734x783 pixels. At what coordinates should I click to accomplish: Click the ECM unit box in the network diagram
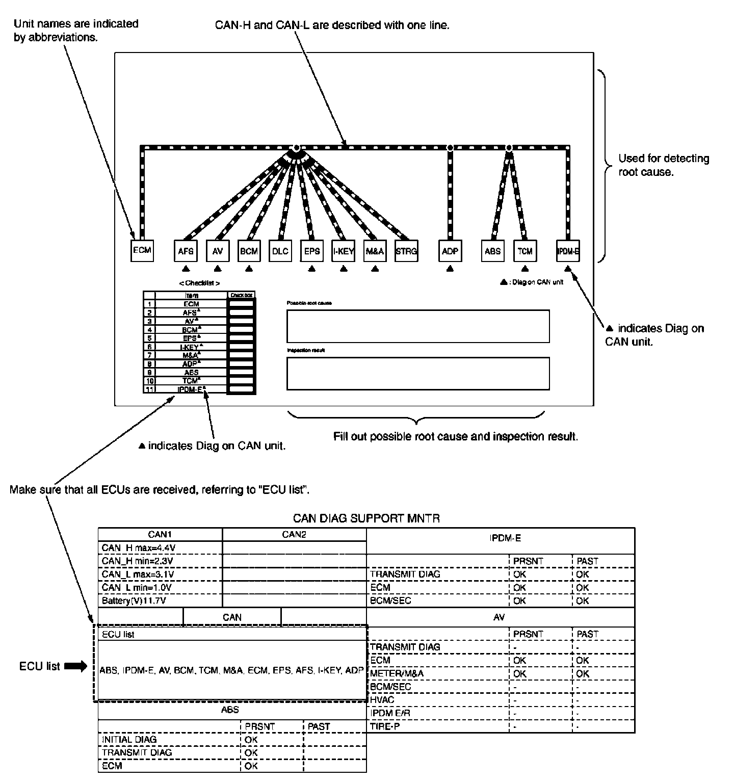coord(142,250)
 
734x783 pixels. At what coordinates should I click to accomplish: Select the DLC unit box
coord(280,251)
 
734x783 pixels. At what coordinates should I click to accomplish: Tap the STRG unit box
coord(406,251)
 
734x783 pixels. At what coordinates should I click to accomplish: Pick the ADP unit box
coord(450,251)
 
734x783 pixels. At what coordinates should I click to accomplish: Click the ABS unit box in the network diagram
coord(492,251)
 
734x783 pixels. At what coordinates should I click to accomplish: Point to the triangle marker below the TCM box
coord(525,268)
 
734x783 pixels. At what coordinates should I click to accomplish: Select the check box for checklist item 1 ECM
coord(241,304)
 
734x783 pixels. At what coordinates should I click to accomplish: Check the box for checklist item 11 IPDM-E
coord(241,389)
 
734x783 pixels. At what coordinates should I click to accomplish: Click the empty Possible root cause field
coord(418,326)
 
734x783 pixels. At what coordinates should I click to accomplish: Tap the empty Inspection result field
coord(418,373)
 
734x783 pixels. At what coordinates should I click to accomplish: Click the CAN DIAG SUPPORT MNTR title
coord(366,518)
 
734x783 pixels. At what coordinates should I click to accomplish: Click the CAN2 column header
coord(294,534)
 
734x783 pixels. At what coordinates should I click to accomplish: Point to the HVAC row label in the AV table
coord(382,700)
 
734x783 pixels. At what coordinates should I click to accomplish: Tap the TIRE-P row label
coord(385,726)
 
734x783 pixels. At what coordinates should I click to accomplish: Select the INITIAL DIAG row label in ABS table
coord(129,739)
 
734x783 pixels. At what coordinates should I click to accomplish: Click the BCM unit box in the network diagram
coord(249,251)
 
